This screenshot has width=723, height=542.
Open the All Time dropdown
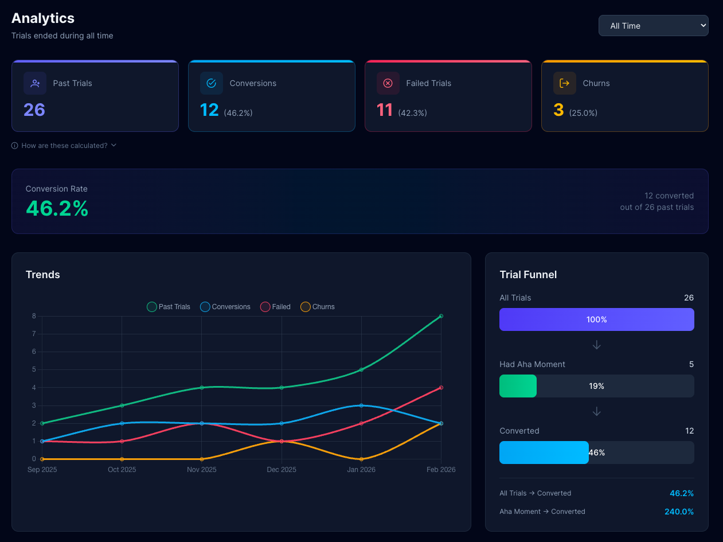pos(653,26)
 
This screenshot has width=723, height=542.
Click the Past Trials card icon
pos(35,83)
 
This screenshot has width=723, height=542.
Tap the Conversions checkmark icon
pos(211,83)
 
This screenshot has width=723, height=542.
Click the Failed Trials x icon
pos(388,83)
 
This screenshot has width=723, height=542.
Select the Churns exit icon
pos(564,83)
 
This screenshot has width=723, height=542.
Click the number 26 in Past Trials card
pos(34,110)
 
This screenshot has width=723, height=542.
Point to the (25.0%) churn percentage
pos(583,113)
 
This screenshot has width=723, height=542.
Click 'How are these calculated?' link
pos(64,146)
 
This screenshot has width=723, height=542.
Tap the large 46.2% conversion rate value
pos(57,208)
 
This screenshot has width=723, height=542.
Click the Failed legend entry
pos(276,307)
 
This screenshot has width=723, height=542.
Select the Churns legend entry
pos(318,307)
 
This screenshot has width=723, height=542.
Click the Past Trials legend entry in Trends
pos(169,307)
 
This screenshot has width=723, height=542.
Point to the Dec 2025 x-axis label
pos(282,470)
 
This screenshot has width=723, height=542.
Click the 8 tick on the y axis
pos(34,316)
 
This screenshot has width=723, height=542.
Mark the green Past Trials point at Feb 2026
pos(441,316)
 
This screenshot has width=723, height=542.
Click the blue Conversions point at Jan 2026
pos(361,405)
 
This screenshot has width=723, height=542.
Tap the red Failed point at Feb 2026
pos(441,388)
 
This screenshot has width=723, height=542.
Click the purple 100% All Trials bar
pos(596,319)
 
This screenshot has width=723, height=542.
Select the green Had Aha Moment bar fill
pos(518,386)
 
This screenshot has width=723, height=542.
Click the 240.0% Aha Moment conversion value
pos(679,512)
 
